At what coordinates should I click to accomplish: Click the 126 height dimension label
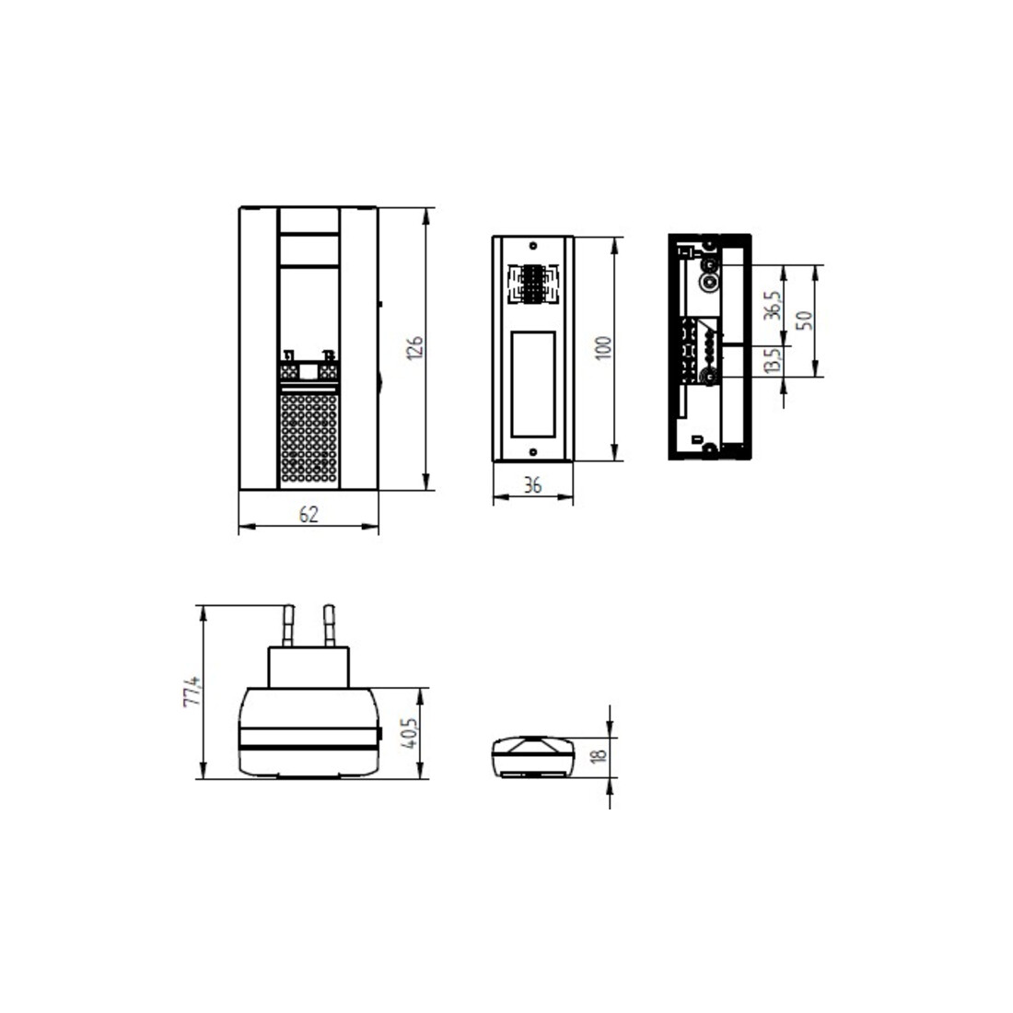[x=414, y=347]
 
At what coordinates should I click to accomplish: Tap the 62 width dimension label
[x=309, y=514]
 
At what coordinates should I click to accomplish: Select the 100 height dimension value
[x=603, y=348]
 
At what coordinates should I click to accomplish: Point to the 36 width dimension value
[x=532, y=485]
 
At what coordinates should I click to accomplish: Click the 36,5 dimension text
[x=772, y=305]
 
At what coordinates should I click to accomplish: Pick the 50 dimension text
[x=804, y=320]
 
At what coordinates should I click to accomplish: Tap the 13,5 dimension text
[x=772, y=360]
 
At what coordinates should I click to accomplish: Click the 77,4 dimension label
[x=192, y=692]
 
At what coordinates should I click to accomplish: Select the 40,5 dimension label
[x=410, y=733]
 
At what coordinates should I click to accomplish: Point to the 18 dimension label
[x=600, y=754]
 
